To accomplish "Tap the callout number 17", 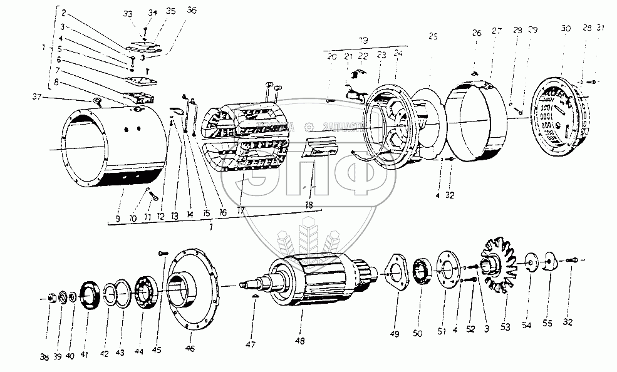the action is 240,211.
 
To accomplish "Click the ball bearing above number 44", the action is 144,293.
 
